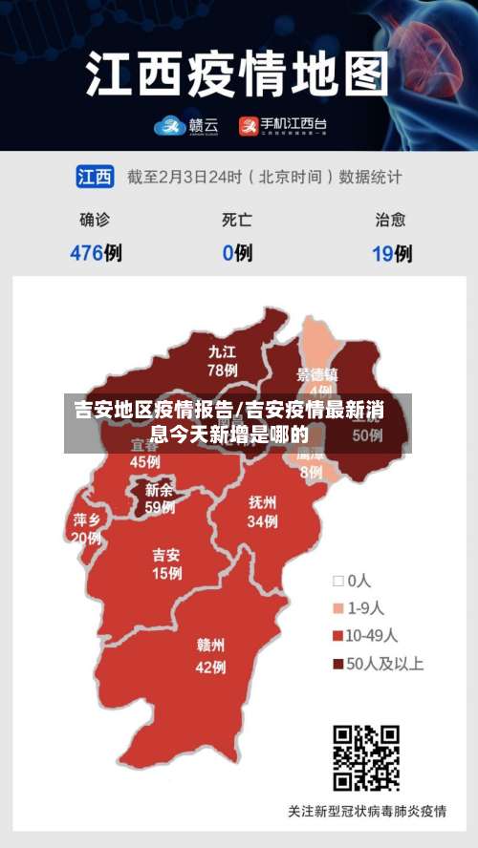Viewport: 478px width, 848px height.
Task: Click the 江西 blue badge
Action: (x=95, y=177)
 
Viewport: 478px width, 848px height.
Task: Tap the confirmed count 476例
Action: (x=96, y=253)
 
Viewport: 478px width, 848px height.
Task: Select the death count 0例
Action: (x=237, y=253)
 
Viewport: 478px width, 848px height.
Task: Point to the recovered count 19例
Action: (x=392, y=253)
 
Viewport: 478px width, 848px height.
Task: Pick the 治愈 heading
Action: (x=390, y=220)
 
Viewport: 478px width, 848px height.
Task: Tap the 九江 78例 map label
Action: (x=223, y=360)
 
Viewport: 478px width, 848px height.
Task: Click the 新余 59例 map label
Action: (x=160, y=498)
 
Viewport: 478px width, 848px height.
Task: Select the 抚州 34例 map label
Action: (x=262, y=511)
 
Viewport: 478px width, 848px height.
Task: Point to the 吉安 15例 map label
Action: (x=166, y=563)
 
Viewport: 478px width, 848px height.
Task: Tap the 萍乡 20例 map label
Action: (x=86, y=528)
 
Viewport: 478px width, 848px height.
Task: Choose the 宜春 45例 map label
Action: (x=145, y=455)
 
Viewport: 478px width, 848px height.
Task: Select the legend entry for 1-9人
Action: (x=358, y=607)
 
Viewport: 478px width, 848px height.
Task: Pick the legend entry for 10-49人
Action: (x=365, y=635)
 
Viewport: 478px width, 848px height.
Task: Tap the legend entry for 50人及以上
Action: (x=377, y=663)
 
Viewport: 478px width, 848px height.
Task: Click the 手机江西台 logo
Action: (x=282, y=124)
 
